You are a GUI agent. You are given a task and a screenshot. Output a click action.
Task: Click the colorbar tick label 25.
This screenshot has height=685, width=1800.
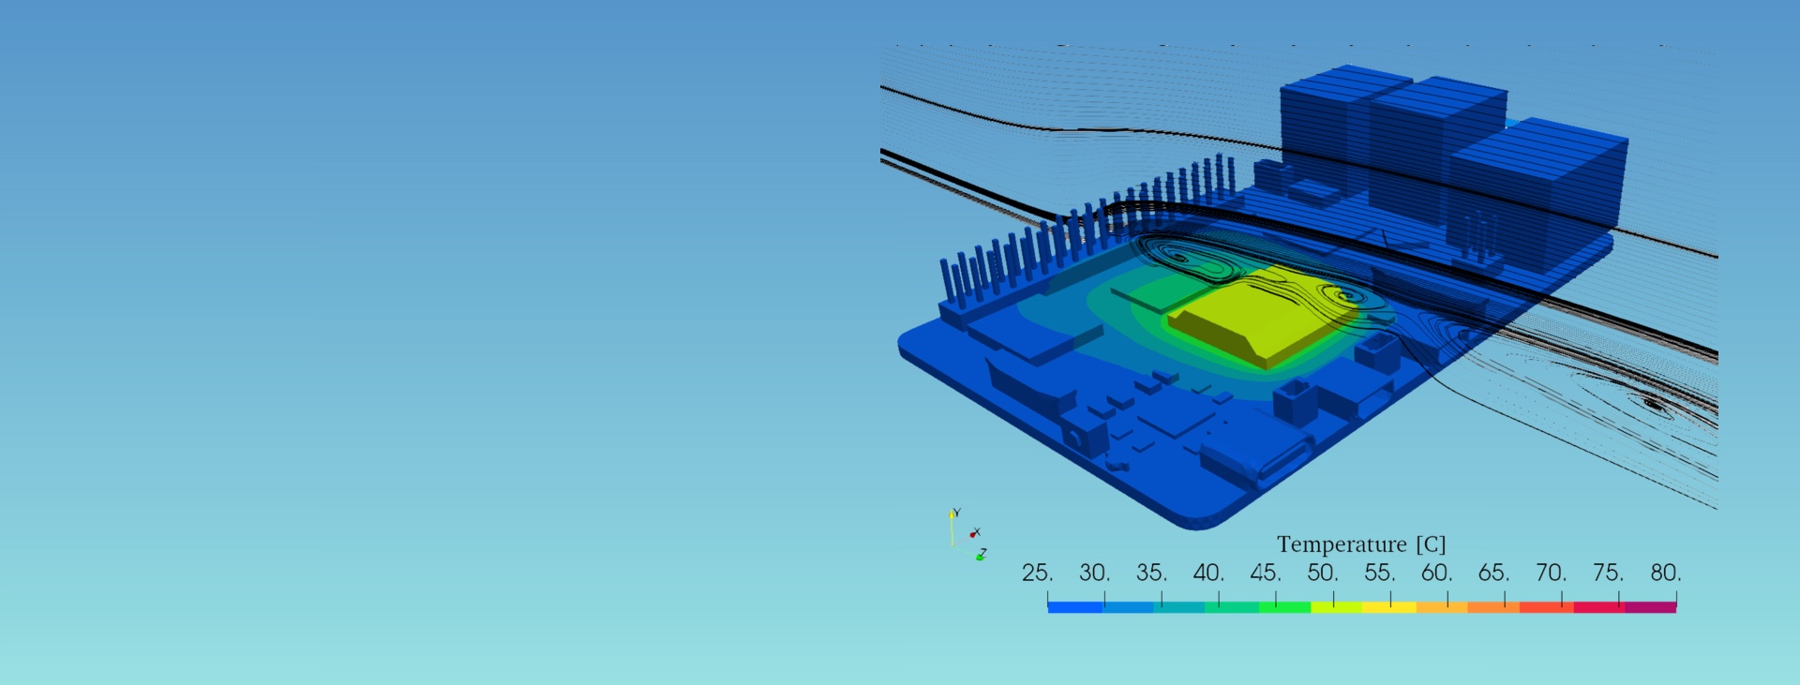coord(1037,573)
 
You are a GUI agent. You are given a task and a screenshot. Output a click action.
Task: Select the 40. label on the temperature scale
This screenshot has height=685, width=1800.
coord(1208,573)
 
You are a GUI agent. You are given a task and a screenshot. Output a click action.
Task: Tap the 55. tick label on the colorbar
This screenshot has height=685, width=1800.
coord(1379,573)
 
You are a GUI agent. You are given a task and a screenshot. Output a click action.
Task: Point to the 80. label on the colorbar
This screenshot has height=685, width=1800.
coord(1665,573)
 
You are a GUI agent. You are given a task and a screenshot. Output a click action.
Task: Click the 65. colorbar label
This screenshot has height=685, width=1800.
coord(1493,573)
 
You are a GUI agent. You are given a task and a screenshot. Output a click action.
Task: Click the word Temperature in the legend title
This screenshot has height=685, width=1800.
coord(1342,544)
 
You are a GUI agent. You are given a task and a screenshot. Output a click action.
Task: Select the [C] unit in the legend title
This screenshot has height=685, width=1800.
coord(1431,544)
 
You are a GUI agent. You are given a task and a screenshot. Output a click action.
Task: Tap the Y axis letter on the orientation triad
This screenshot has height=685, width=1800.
coord(956,513)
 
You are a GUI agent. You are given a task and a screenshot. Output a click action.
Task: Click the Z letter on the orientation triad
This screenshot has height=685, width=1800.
coord(982,553)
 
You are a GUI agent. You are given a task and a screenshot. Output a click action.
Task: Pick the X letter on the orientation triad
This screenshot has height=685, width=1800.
coord(977,532)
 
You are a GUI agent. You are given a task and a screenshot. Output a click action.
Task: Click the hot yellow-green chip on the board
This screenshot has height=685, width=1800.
coord(1256,314)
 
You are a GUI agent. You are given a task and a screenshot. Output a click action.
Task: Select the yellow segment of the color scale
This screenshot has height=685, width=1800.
coord(1388,607)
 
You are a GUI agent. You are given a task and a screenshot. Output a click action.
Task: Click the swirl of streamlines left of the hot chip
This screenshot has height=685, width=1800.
coord(1186,258)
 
